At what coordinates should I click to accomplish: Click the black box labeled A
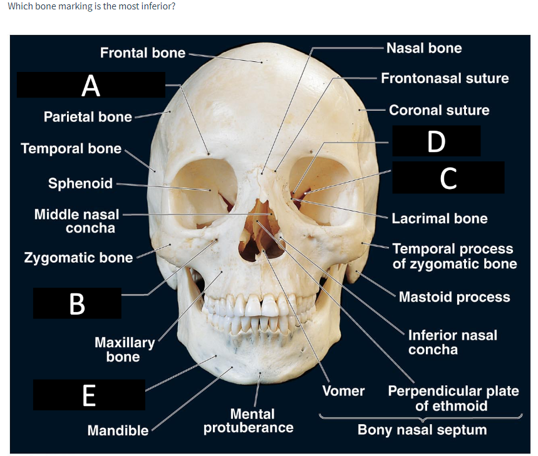[x=91, y=85]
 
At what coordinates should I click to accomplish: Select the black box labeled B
[x=77, y=303]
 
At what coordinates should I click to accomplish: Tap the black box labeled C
[x=448, y=177]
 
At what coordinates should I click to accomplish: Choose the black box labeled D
[x=436, y=141]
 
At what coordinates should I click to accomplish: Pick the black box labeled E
[x=89, y=395]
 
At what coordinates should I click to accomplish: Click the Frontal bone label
[x=143, y=53]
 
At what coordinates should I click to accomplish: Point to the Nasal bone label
[x=424, y=48]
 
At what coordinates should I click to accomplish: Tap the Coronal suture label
[x=439, y=110]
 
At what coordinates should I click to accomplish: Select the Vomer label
[x=343, y=391]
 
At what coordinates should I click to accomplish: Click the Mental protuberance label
[x=248, y=420]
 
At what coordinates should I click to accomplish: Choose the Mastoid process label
[x=454, y=296]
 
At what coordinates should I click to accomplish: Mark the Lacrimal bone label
[x=439, y=218]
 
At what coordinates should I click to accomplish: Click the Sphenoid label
[x=81, y=183]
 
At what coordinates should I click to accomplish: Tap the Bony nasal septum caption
[x=422, y=430]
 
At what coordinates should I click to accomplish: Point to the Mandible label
[x=118, y=430]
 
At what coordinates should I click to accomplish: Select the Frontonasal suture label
[x=445, y=78]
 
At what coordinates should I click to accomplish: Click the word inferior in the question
[x=157, y=7]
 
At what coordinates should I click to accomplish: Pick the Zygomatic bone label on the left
[x=78, y=258]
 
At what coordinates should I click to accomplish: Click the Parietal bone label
[x=88, y=116]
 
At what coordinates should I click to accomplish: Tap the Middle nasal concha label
[x=76, y=221]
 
